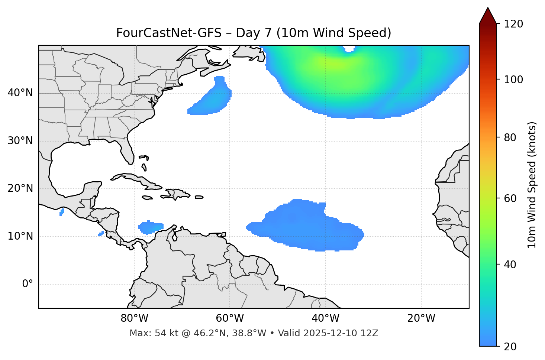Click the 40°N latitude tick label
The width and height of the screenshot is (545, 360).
[20, 93]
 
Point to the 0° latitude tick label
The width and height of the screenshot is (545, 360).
[28, 284]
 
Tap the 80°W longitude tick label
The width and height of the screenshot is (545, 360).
[134, 318]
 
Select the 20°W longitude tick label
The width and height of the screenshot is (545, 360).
[421, 318]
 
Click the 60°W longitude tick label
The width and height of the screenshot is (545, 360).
[230, 318]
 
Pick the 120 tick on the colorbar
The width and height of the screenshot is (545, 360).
[513, 24]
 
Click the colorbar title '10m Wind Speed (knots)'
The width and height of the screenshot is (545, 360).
[532, 185]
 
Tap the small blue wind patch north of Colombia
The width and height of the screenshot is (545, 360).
[151, 227]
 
